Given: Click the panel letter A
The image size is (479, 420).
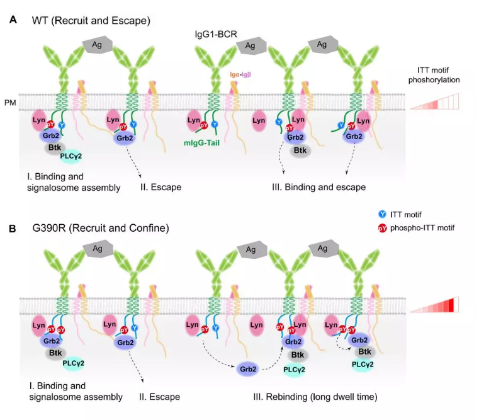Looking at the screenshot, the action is click(13, 20).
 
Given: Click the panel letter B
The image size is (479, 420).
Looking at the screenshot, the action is click(13, 229).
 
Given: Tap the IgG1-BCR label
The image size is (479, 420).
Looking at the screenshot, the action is click(216, 34).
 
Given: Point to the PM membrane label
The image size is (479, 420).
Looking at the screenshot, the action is click(10, 103).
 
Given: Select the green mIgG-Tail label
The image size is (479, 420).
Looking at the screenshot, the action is click(201, 143).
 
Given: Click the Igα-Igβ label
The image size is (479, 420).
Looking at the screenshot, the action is click(240, 74).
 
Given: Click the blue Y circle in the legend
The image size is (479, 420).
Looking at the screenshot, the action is click(382, 214).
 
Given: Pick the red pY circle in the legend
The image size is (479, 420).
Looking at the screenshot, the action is click(382, 228).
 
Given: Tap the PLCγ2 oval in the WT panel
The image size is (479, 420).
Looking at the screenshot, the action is click(71, 156).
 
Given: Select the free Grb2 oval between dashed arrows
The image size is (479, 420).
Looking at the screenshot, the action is click(248, 369).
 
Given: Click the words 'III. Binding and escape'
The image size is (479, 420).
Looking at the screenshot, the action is click(318, 187).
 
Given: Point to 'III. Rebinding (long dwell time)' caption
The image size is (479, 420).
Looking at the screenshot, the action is click(315, 397).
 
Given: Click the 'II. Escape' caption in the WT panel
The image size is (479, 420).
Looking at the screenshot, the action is click(161, 187).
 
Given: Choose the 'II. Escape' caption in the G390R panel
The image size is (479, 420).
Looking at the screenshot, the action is click(160, 397).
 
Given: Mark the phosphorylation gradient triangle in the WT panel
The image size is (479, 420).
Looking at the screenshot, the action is click(434, 101).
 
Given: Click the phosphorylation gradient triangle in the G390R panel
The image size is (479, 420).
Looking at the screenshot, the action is click(434, 305).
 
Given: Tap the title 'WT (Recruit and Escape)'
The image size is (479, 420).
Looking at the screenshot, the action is click(91, 21).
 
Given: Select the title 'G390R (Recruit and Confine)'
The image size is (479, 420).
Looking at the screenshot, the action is click(101, 228).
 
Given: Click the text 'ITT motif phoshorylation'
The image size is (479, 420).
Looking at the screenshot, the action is click(434, 75).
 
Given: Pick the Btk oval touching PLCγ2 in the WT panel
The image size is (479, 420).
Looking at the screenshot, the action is click(55, 147).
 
